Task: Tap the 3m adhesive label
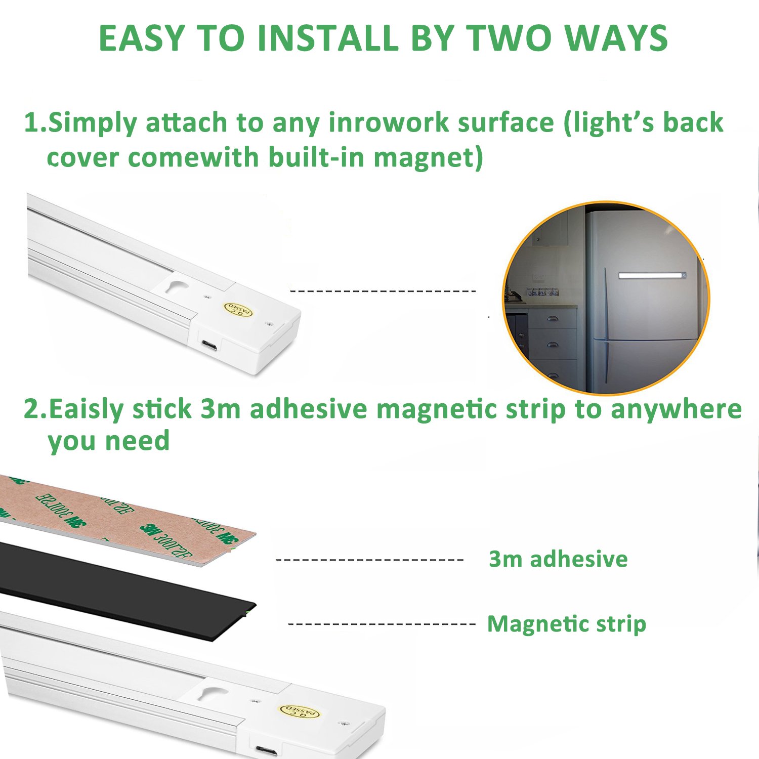click(x=558, y=559)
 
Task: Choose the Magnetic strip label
click(x=567, y=623)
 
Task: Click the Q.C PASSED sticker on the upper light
click(x=238, y=309)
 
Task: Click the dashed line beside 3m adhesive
click(x=369, y=560)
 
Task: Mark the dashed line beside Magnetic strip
click(x=382, y=624)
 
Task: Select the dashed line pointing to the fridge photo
click(x=383, y=291)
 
